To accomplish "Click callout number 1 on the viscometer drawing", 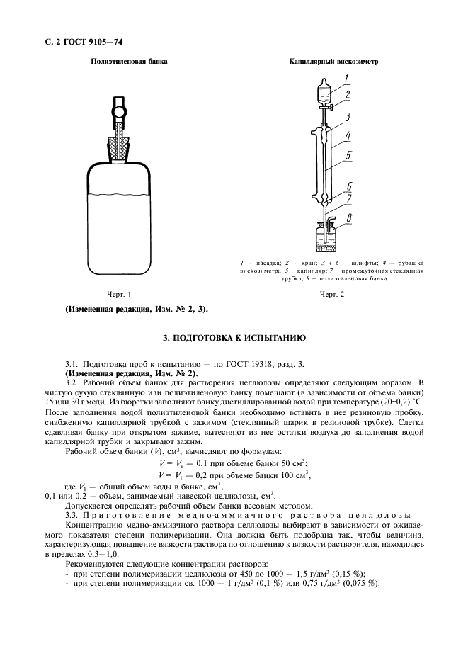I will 346,79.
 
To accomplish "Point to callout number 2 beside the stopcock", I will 347,93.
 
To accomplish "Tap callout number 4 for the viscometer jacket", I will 348,135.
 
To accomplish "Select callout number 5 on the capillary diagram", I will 348,154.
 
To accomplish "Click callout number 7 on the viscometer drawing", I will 349,199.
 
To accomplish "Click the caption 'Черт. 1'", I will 118,294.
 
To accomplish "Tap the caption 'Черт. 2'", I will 331,294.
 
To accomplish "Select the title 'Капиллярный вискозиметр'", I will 333,62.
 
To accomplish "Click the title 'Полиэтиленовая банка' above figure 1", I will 119,62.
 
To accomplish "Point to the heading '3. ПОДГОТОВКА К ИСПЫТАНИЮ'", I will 234,338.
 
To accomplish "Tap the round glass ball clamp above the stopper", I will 119,112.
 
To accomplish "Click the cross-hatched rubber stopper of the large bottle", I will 118,147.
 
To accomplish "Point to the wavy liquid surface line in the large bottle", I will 118,196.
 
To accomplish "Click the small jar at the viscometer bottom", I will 324,237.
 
